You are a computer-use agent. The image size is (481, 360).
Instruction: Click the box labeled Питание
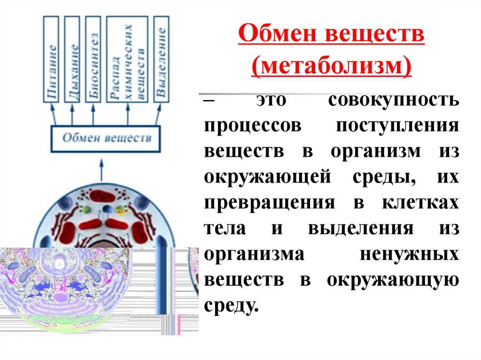(51, 59)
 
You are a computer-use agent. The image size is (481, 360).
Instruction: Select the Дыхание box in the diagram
(72, 59)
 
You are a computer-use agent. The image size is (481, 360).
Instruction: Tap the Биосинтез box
(93, 59)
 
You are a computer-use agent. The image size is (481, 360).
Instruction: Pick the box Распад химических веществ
(127, 59)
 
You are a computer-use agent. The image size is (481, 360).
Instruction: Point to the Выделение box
(161, 59)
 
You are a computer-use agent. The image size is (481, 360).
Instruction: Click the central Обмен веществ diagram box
(105, 139)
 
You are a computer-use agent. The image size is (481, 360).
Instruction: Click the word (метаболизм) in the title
(332, 68)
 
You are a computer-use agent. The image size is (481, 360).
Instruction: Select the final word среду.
(232, 306)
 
